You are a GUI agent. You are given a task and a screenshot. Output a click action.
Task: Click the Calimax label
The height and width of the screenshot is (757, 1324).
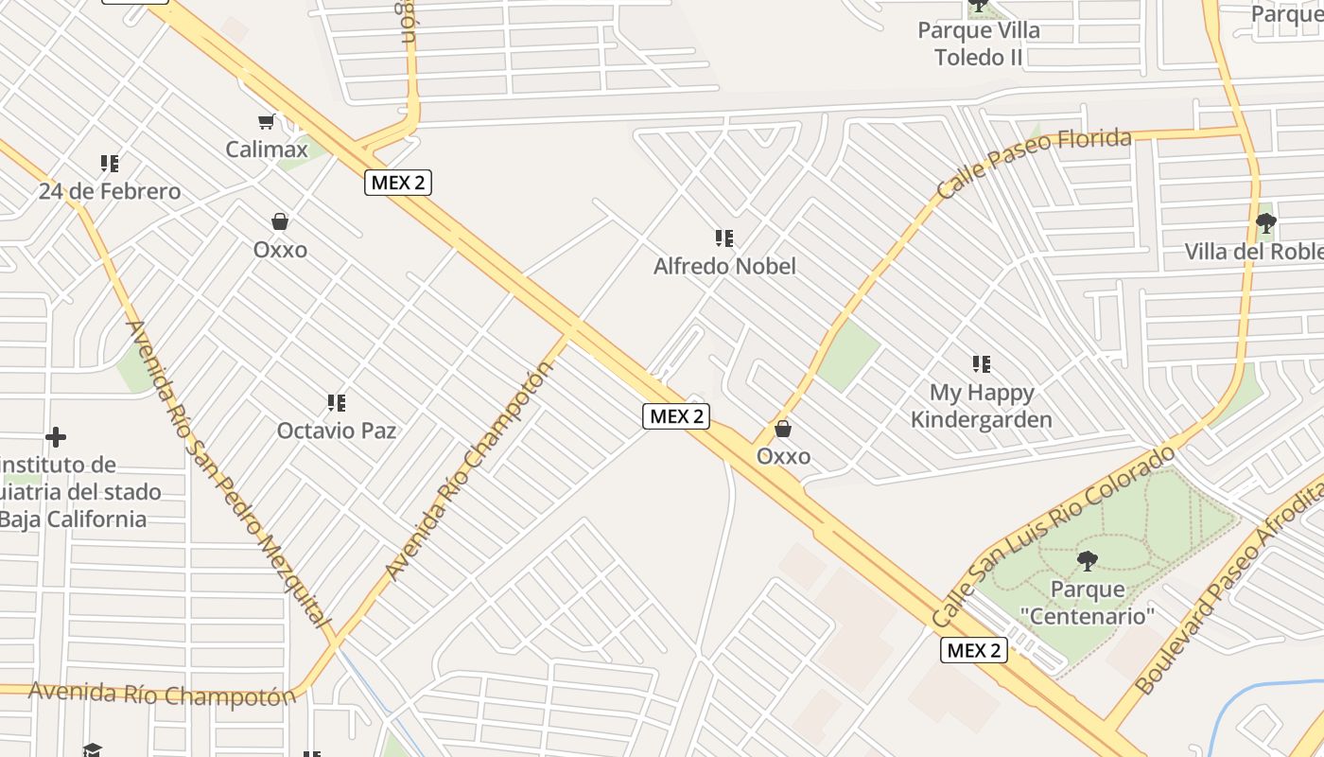(x=267, y=150)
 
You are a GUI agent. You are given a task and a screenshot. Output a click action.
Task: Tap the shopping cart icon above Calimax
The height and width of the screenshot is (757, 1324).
(x=267, y=121)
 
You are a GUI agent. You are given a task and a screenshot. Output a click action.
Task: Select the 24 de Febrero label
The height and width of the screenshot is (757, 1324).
(x=110, y=192)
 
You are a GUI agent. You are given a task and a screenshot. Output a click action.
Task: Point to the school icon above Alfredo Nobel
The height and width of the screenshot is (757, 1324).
(x=724, y=238)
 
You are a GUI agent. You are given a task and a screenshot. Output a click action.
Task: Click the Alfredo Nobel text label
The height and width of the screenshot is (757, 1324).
(x=724, y=267)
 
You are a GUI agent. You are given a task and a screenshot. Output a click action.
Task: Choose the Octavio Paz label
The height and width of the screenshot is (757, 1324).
(x=336, y=431)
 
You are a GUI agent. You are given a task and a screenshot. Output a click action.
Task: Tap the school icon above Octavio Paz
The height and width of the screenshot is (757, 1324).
(x=336, y=403)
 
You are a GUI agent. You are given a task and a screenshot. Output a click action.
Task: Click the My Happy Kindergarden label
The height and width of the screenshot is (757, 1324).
(x=982, y=406)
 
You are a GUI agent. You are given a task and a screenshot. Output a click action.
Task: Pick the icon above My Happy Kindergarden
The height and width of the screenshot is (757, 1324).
(x=982, y=363)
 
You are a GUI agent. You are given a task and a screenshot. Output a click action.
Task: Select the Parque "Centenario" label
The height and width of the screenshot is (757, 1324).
(x=1088, y=603)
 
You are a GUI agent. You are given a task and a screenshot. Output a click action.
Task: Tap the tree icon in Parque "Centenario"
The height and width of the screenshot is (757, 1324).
(x=1088, y=560)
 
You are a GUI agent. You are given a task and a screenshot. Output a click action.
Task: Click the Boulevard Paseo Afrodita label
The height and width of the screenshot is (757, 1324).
(x=1229, y=587)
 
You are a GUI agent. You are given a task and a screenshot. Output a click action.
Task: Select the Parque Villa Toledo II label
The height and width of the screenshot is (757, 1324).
(x=979, y=44)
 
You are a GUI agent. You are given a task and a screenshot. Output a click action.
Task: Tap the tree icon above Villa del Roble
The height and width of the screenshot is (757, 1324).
(x=1265, y=223)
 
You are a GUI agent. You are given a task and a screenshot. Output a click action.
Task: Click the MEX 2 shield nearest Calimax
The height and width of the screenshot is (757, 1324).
(x=398, y=183)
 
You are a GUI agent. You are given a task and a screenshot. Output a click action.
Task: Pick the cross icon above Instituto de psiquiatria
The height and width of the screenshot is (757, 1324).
(x=56, y=437)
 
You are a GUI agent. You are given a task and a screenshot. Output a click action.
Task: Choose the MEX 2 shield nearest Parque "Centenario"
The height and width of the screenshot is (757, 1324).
(x=974, y=650)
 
